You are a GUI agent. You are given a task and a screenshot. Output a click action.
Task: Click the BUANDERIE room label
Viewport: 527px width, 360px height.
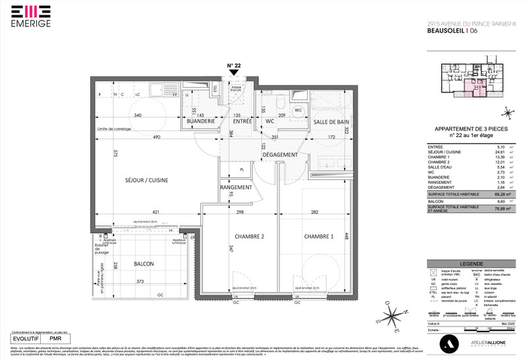[x=200, y=122]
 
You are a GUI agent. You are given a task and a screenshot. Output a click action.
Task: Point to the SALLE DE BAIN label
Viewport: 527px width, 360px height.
[x=331, y=122]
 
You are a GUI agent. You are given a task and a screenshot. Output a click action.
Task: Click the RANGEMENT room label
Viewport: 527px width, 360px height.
[x=236, y=187]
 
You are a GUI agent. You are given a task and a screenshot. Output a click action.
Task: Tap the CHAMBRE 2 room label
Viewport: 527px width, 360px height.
[x=250, y=236]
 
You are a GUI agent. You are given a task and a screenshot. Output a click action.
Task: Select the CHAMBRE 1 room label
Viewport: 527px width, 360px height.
[x=319, y=236]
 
